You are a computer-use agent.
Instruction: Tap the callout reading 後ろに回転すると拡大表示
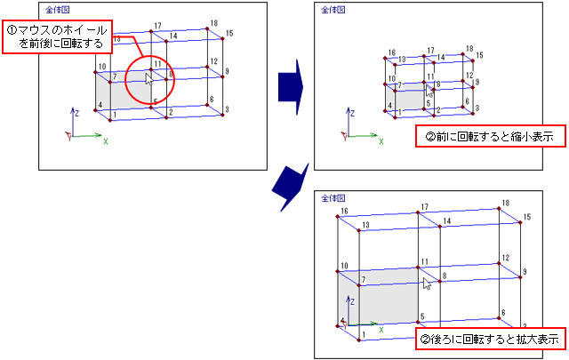click(490, 339)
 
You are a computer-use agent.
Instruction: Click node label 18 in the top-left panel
click(213, 23)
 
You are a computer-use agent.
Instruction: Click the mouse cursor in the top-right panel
click(429, 91)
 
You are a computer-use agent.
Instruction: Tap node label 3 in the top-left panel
click(228, 109)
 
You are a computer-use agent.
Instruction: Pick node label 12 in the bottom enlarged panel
click(505, 258)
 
